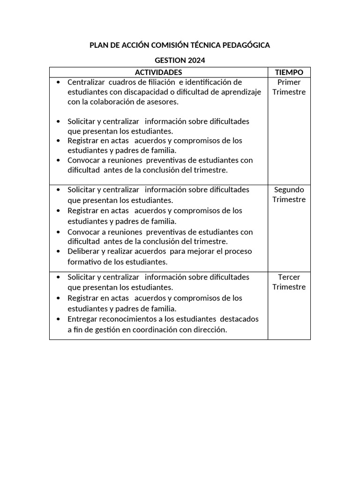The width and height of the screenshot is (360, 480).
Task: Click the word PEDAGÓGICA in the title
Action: [247, 45]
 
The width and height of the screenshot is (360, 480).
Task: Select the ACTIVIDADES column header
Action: [158, 72]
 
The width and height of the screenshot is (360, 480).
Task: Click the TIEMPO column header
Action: [289, 72]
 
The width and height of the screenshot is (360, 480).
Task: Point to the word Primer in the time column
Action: [289, 82]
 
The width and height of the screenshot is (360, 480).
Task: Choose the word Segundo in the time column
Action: [289, 190]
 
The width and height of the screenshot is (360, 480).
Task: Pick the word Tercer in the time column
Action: [289, 277]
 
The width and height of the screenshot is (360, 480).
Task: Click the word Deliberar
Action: [83, 251]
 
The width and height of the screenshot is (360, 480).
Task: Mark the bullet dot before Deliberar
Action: [58, 251]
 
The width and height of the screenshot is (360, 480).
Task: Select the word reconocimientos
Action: [128, 319]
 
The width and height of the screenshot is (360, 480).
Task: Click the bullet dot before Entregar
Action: [58, 319]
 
